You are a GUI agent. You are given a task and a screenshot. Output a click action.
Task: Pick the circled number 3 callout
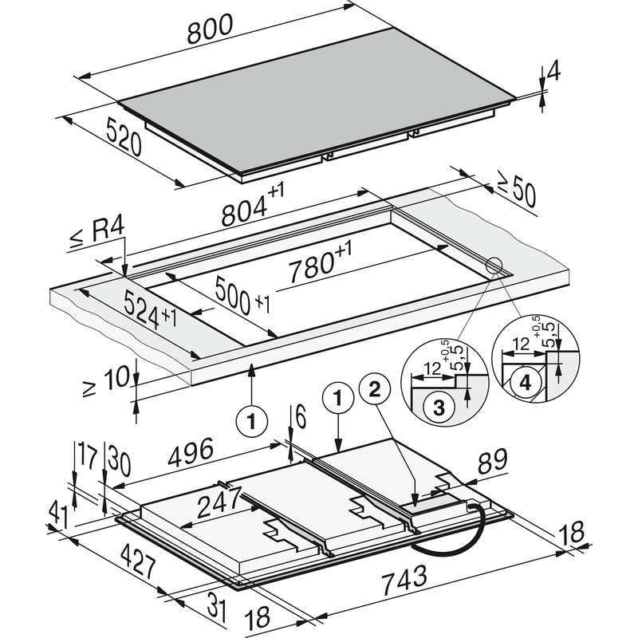click(x=438, y=407)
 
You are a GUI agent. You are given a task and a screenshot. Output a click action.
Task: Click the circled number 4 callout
click(x=524, y=384)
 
